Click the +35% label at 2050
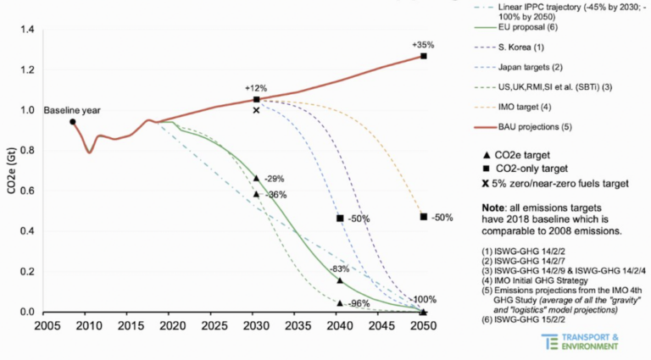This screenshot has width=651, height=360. (423, 44)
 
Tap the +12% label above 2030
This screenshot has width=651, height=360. (257, 88)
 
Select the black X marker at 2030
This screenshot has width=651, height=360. (257, 110)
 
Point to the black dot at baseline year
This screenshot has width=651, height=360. (73, 122)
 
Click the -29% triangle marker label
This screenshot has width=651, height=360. (274, 179)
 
